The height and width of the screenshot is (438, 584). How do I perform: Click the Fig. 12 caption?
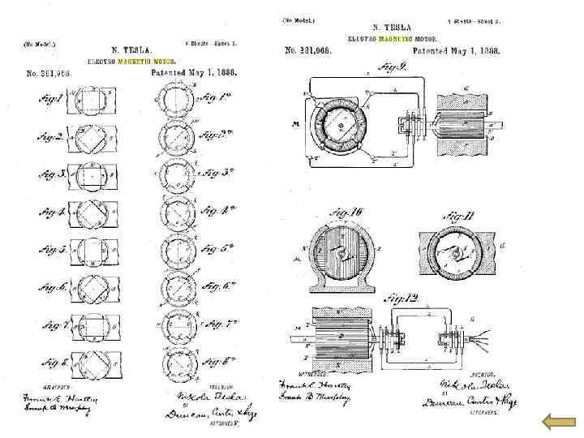pyautogui.click(x=403, y=300)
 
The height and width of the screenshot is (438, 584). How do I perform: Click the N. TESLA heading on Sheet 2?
pyautogui.click(x=392, y=28)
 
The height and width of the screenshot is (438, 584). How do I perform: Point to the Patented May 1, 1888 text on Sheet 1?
pyautogui.click(x=194, y=71)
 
